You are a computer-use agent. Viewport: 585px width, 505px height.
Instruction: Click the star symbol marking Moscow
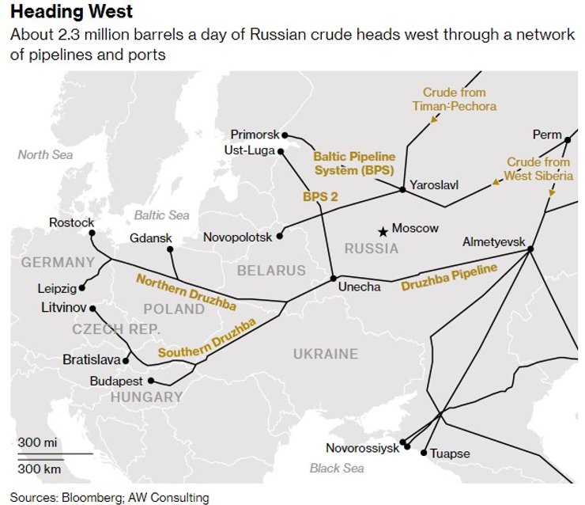click(383, 231)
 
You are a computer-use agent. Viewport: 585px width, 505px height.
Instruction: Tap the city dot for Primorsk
click(285, 135)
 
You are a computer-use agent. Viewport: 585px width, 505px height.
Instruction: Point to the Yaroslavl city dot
click(402, 190)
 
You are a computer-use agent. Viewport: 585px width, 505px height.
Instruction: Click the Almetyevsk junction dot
click(530, 249)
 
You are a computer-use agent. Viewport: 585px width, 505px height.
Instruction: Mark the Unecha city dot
click(333, 279)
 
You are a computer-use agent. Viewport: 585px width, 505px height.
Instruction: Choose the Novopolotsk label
click(237, 237)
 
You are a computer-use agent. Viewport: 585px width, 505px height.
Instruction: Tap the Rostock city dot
click(92, 234)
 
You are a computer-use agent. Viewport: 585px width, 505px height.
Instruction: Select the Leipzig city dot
click(84, 288)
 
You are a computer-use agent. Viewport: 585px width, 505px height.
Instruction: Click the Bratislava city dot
click(126, 360)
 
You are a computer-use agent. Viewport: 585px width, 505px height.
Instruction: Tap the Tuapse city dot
click(424, 454)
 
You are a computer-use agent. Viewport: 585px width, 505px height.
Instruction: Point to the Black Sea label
click(337, 469)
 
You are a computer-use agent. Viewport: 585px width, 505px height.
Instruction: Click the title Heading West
click(72, 13)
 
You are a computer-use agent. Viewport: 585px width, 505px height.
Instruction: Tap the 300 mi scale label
click(36, 442)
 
